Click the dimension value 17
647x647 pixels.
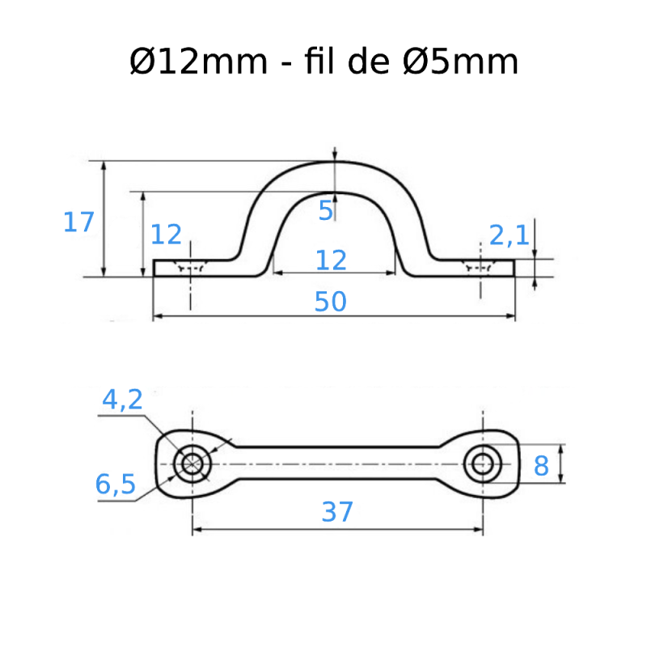pos(78,222)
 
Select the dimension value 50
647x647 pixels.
pos(330,302)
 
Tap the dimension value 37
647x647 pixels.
pos(337,511)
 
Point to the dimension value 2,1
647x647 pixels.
pos(509,235)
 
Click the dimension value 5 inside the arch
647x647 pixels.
pos(325,211)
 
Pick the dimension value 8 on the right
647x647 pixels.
pos(541,465)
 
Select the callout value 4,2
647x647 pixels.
pos(122,399)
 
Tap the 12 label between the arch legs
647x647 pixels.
pos(331,260)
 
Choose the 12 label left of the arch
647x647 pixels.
pos(166,235)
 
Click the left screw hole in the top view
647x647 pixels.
pos(192,463)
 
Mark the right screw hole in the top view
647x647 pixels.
pos(483,463)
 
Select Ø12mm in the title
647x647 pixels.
pos(199,62)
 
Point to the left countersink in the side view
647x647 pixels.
pos(191,267)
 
